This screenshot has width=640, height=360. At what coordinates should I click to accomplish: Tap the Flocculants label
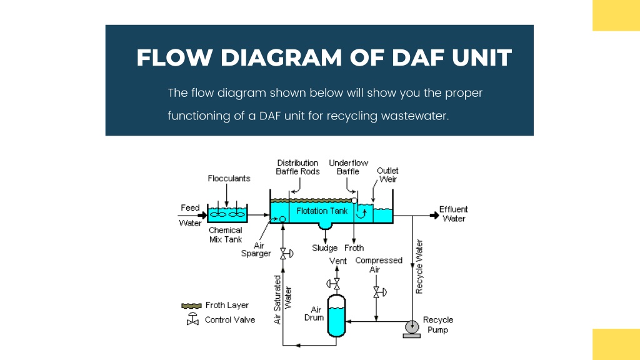coord(229,178)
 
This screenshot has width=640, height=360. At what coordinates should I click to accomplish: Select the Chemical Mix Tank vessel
coord(227,213)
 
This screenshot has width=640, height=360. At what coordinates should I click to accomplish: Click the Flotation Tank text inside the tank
coord(322,211)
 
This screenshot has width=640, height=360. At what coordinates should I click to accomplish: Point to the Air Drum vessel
coord(336,316)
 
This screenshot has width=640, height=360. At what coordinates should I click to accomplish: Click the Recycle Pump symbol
coord(412,328)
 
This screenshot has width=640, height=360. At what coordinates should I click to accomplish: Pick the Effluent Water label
coord(454,214)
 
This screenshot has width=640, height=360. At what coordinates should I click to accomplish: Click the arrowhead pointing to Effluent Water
coord(434,216)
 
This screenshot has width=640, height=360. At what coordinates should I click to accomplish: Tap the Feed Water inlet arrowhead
coord(203,215)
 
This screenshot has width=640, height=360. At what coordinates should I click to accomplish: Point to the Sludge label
coord(325,247)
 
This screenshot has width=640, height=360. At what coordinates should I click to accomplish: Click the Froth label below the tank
coord(354,247)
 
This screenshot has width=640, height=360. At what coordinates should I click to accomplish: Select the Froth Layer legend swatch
coord(191,306)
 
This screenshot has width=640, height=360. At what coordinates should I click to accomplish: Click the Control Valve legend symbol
coord(192,319)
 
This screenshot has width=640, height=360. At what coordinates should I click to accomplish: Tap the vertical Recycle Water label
coord(419,266)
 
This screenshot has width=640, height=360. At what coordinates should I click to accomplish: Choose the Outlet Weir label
coord(387,175)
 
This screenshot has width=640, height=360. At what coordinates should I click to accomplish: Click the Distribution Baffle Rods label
coord(297,167)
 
